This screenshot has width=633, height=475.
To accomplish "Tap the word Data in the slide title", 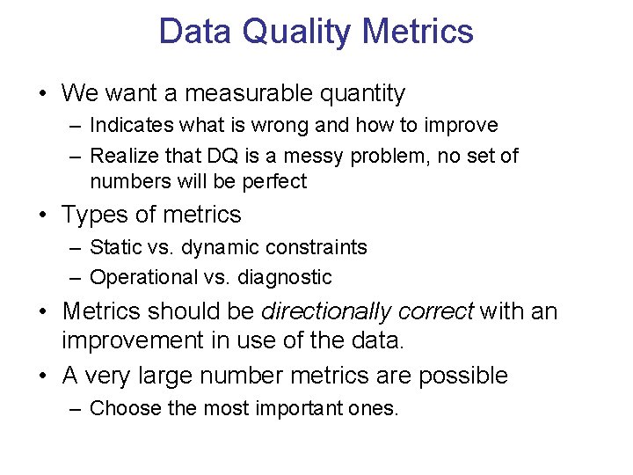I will pos(195,32).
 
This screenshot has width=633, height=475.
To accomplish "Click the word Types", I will pos(91,215).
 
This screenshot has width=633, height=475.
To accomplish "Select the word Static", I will pos(113,247).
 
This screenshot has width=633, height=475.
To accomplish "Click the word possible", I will pos(463,376).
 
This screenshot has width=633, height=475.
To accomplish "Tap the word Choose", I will pos(120,408).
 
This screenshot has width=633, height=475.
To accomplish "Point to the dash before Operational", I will pos(76,278).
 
